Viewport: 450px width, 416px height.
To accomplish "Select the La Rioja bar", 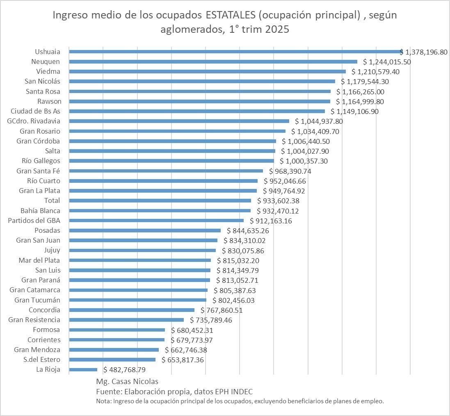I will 83,369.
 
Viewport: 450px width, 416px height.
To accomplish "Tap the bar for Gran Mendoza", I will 114,350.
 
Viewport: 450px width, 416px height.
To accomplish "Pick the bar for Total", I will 160,200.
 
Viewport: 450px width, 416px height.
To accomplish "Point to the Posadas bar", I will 145,230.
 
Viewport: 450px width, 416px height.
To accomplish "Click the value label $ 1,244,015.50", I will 387,62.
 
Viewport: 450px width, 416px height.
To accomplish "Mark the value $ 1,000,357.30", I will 304,161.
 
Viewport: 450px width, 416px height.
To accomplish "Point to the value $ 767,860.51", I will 222,310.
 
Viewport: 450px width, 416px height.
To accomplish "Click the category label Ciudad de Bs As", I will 36,111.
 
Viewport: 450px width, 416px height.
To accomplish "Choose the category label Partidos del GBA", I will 34,221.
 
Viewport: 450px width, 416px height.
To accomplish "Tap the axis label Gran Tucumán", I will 37,300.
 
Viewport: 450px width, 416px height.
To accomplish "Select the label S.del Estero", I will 42,359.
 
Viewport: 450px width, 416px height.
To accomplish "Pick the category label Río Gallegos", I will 41,161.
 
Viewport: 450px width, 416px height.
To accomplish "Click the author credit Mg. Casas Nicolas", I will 124,382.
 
